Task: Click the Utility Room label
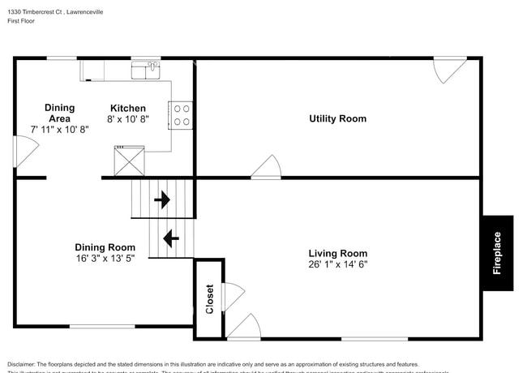pos(337,119)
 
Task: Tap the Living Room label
pos(337,253)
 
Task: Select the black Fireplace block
pos(497,253)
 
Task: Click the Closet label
pos(209,298)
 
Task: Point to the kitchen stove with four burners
pos(180,115)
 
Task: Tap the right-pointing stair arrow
pos(162,199)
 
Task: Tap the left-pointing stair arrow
pos(171,238)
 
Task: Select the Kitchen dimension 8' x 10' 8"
pos(128,119)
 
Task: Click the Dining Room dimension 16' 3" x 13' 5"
pos(105,258)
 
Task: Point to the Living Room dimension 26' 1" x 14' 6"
pos(337,264)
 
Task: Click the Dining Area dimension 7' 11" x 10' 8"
pos(59,129)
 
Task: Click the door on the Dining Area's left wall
pos(25,152)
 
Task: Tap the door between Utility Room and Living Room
pos(266,167)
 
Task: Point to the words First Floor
pos(22,21)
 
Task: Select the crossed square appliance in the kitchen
pos(129,161)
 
